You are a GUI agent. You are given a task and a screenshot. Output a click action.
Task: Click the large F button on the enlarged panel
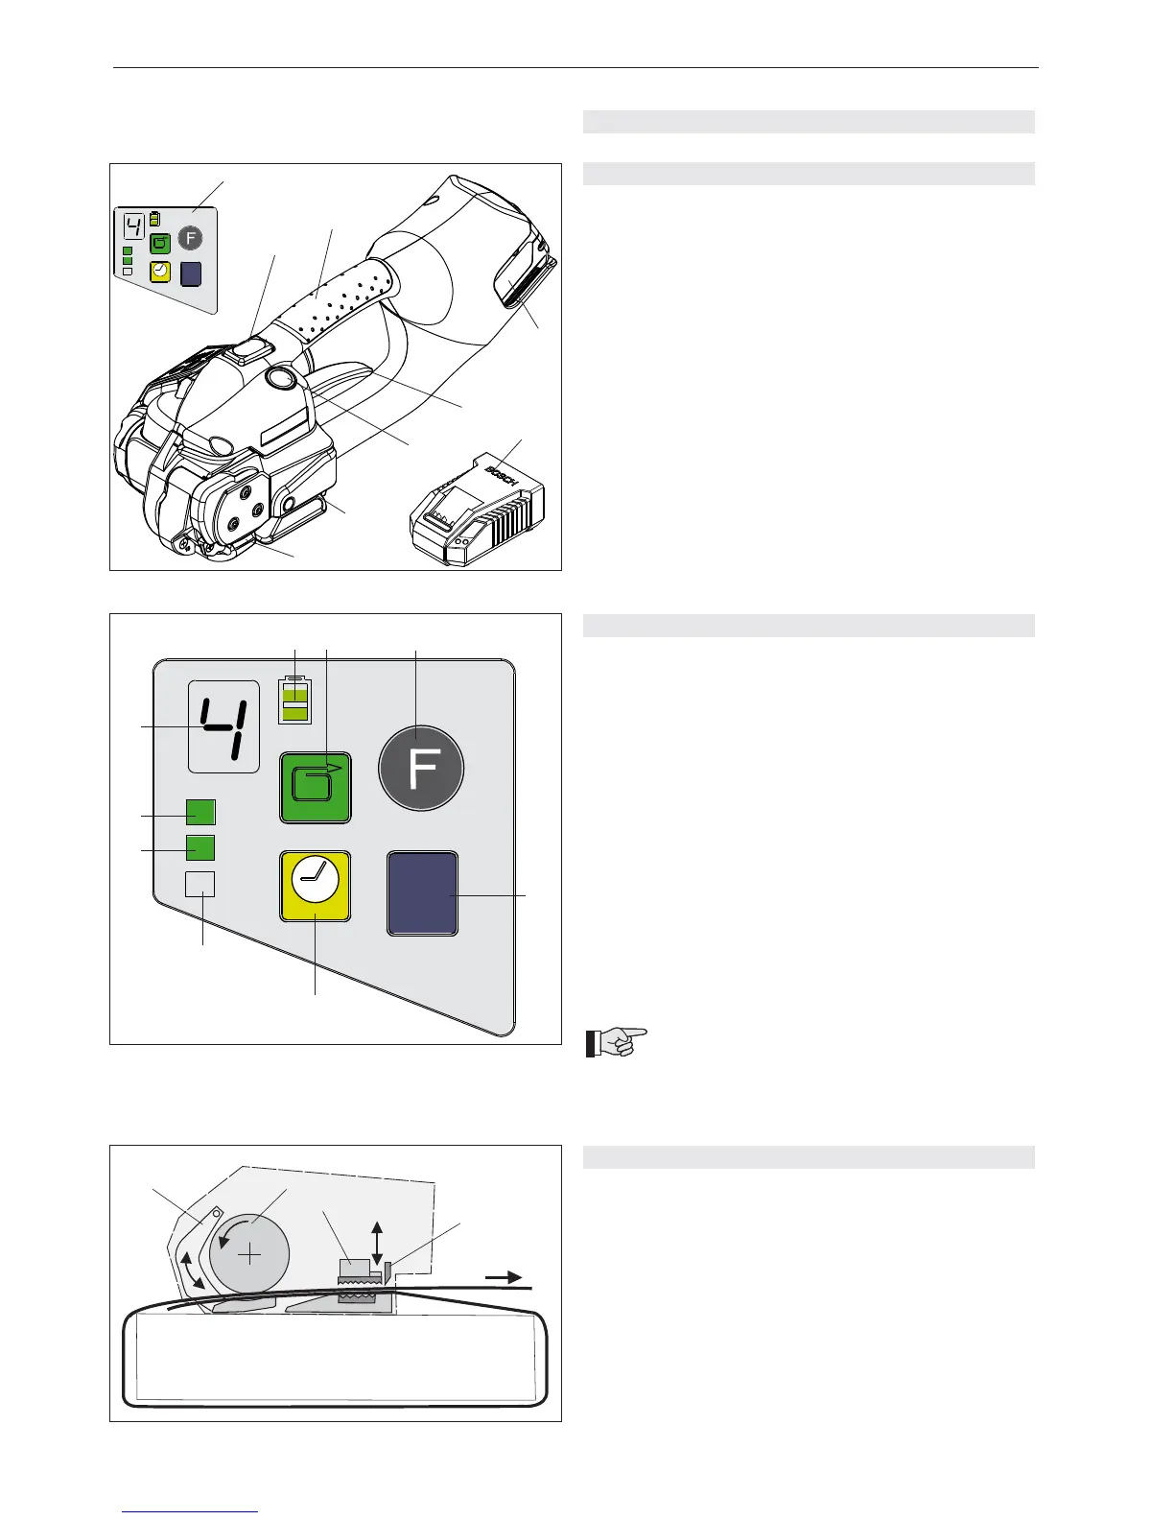422,769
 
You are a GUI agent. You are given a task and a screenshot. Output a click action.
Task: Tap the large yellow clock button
315,886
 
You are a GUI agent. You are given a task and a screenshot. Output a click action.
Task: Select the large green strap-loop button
315,787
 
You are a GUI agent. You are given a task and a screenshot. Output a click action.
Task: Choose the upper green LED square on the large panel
200,813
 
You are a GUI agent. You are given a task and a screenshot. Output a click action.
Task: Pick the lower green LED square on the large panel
200,848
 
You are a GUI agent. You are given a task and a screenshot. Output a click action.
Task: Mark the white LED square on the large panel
200,884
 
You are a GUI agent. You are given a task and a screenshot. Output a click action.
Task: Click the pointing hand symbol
617,1041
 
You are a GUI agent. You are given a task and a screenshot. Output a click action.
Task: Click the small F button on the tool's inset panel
191,237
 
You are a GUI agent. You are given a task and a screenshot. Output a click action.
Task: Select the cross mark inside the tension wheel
249,1254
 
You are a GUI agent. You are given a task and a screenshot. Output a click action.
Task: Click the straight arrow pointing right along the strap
503,1277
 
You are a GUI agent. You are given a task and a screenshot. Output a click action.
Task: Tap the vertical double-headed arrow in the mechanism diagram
377,1244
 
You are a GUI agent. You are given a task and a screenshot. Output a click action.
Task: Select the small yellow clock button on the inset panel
160,272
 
